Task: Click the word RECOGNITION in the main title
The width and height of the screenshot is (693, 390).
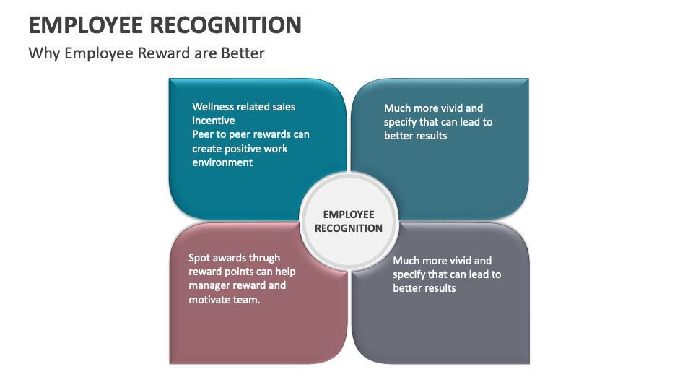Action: click(x=225, y=25)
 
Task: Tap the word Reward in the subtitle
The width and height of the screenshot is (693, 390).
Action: click(x=165, y=53)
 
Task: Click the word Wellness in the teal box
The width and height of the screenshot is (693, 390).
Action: click(x=212, y=107)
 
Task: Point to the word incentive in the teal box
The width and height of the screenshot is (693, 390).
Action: click(x=213, y=121)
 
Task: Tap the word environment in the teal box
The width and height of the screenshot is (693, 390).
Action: click(x=222, y=162)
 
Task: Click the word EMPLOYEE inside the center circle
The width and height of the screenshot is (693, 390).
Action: click(x=349, y=214)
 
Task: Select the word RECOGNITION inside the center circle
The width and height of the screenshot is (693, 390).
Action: click(x=349, y=228)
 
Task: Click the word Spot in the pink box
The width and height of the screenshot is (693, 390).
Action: click(x=200, y=258)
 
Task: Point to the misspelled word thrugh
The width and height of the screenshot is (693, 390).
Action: click(x=265, y=258)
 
